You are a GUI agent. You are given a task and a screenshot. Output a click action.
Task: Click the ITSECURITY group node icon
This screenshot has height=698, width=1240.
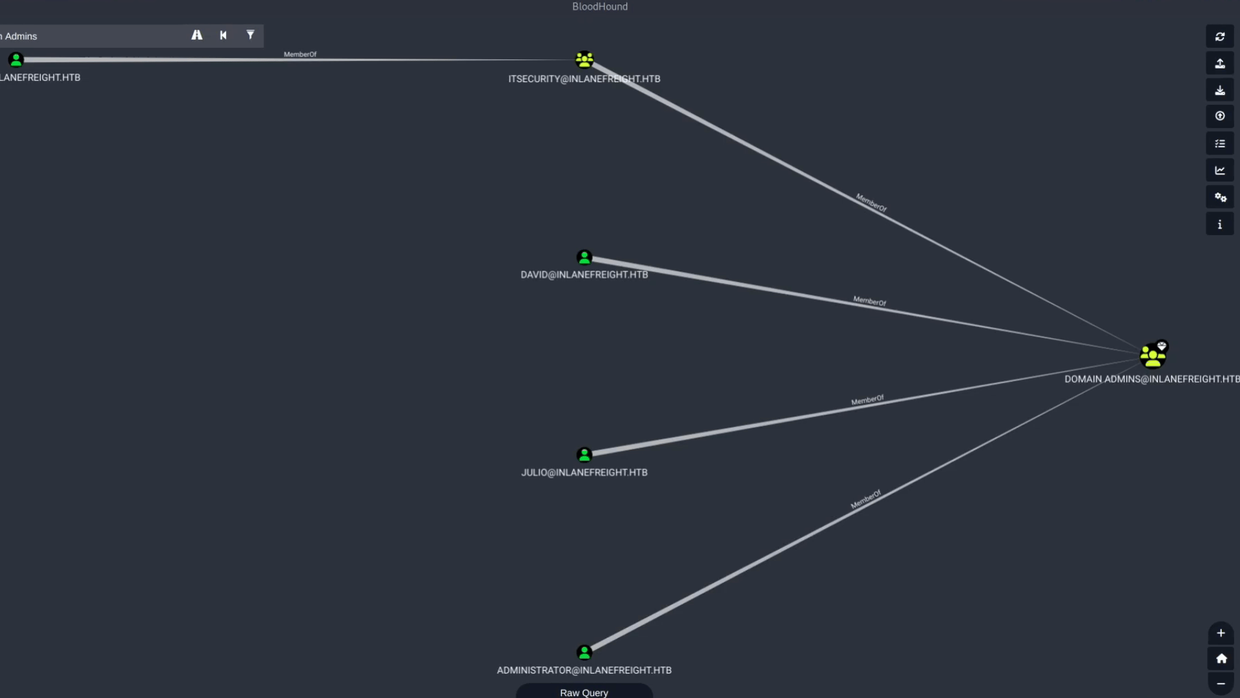point(584,60)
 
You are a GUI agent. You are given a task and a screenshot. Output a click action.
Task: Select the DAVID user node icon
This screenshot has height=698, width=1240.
point(584,258)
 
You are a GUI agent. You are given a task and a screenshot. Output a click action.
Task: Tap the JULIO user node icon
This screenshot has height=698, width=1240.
point(584,455)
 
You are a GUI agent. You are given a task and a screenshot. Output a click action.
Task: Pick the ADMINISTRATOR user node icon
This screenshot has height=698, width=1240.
point(584,652)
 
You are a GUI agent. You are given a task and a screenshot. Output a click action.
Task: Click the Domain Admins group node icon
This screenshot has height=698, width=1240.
point(1153,356)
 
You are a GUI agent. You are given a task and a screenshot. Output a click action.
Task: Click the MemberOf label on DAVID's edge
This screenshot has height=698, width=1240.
point(869,301)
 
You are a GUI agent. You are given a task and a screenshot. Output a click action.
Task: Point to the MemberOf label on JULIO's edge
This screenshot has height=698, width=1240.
point(867,401)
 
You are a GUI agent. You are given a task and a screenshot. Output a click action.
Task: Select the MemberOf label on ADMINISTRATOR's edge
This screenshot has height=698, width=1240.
point(865,500)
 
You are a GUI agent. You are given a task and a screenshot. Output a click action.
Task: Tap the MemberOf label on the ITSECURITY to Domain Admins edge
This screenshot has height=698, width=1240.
point(871,203)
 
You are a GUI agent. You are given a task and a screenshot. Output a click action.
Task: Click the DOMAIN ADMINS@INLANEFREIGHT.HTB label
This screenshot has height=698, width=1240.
point(1152,379)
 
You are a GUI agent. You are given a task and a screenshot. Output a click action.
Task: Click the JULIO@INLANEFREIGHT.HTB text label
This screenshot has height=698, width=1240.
point(584,472)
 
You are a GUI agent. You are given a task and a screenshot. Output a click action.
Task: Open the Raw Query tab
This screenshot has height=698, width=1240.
point(584,692)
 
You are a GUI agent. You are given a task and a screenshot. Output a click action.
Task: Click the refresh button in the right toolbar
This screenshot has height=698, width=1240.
point(1220,37)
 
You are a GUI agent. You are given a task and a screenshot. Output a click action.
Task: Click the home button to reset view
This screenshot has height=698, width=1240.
point(1221,659)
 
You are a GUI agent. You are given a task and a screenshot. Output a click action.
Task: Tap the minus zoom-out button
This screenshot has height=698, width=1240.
point(1221,684)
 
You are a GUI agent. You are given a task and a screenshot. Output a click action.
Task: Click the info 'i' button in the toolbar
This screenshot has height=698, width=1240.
point(1220,224)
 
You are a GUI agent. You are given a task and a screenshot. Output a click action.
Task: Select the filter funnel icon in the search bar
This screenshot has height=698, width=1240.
point(250,36)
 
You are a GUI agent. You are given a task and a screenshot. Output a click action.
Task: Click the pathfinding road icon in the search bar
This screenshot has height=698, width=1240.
point(197,36)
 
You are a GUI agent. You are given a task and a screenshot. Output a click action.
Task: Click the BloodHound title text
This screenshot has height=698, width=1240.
point(599,6)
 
